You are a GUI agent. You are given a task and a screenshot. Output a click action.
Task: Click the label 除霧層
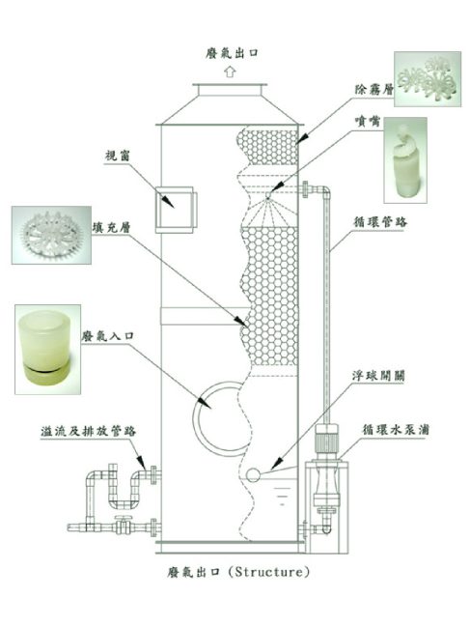(374, 89)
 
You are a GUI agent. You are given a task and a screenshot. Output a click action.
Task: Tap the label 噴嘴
(368, 121)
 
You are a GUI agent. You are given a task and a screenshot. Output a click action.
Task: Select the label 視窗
(118, 156)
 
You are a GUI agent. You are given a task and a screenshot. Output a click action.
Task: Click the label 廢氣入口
(107, 335)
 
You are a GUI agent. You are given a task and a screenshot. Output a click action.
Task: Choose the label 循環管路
(380, 221)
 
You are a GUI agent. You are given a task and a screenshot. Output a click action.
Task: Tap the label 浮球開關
(378, 376)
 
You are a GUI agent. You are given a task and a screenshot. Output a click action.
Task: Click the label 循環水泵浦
(396, 430)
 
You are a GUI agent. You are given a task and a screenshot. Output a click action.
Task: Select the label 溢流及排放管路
(88, 431)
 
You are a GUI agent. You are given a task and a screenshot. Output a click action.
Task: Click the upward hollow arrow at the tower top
(230, 72)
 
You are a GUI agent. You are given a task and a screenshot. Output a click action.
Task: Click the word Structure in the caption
(269, 571)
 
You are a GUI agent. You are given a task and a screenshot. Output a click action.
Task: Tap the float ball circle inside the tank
(253, 474)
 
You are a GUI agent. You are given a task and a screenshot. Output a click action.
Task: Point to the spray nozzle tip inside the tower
(268, 195)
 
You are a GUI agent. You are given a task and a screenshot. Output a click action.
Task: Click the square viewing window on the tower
(176, 210)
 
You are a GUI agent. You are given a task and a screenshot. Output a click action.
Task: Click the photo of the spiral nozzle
(405, 160)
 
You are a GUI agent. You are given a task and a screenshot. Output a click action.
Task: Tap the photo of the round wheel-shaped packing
(51, 235)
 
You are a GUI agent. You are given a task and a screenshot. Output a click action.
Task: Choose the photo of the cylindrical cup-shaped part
(48, 350)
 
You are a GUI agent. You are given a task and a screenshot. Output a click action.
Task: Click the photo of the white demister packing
(428, 79)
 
